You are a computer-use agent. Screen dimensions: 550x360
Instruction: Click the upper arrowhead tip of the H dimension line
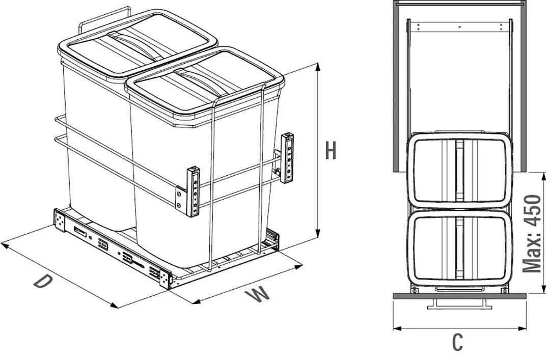[318, 63]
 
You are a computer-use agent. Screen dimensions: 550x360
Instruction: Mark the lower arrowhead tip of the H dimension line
[318, 238]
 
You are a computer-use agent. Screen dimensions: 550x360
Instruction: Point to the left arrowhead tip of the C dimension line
[393, 328]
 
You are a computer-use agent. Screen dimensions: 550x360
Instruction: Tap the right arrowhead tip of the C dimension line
[527, 328]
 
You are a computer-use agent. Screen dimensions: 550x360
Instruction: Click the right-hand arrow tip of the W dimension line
[302, 266]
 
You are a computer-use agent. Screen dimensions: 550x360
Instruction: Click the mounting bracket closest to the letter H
[287, 157]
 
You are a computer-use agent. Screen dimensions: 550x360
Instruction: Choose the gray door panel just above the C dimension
[460, 296]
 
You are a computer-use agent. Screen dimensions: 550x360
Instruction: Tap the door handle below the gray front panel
[459, 304]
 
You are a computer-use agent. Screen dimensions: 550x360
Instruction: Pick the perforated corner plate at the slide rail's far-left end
[60, 220]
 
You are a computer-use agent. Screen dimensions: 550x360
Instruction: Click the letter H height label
[331, 150]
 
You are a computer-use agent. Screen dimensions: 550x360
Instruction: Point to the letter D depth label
[43, 282]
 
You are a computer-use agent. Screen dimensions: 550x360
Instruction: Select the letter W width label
[258, 295]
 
